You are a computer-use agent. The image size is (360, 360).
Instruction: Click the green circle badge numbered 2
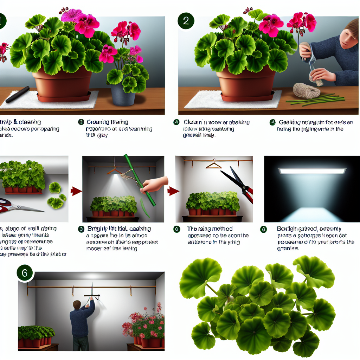(x=186, y=21)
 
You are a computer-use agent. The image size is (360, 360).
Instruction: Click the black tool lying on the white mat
(x=17, y=95)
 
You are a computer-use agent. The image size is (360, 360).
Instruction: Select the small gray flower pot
(x=123, y=95)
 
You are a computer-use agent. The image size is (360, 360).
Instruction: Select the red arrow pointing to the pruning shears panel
(x=172, y=191)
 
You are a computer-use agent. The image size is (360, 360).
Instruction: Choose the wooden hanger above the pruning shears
(x=213, y=165)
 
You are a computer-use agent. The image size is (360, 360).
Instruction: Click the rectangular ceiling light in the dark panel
(x=312, y=171)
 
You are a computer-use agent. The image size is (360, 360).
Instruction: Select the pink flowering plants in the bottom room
(x=144, y=323)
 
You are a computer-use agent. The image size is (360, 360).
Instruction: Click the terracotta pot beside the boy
(x=246, y=83)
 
